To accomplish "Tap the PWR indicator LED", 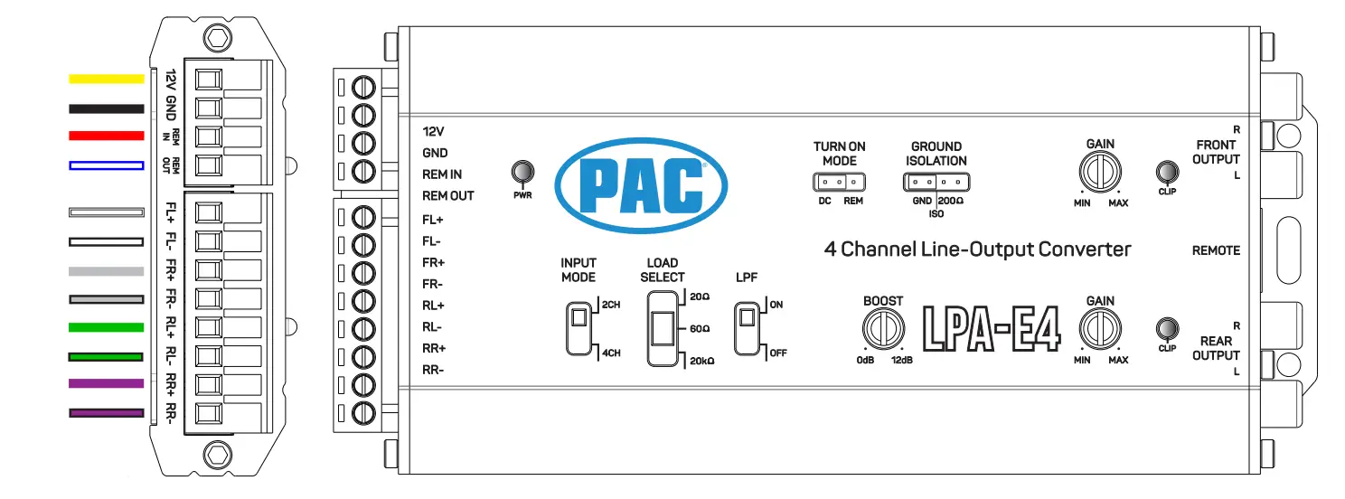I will point(522,173).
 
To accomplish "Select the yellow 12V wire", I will point(107,79).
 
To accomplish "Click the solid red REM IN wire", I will point(107,136).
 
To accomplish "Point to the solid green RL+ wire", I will point(107,327).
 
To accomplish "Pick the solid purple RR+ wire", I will point(107,384).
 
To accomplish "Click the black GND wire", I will point(107,108).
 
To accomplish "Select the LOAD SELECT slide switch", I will point(661,328).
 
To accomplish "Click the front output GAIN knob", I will point(1100,170).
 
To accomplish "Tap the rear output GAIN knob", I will point(1100,328).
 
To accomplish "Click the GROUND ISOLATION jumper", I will point(930,182).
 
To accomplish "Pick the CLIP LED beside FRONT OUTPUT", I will point(1167,172).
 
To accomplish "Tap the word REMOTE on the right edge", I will point(1216,250).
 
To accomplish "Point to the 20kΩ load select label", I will point(701,361).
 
